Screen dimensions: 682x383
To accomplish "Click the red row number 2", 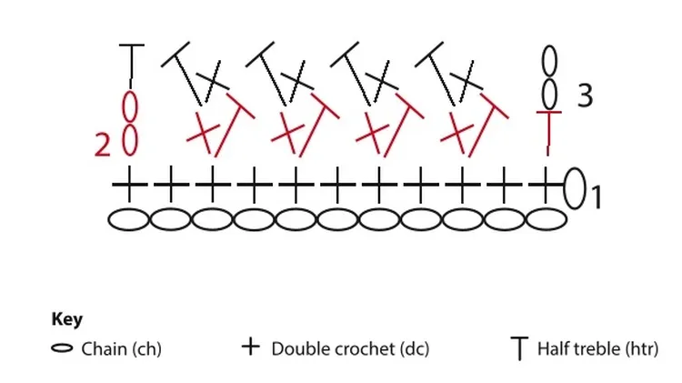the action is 103,145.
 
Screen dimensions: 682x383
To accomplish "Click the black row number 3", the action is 585,96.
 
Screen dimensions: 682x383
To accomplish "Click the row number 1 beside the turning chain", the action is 597,197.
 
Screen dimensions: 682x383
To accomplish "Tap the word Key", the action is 66,319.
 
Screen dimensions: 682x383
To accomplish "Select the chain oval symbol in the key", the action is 62,348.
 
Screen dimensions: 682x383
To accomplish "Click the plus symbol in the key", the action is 251,347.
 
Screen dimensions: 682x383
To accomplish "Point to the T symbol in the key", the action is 519,348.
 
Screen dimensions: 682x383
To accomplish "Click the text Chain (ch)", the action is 121,349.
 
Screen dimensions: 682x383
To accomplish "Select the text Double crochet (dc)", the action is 350,349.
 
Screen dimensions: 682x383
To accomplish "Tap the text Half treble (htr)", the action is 598,349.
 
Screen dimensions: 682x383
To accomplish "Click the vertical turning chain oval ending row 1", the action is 575,188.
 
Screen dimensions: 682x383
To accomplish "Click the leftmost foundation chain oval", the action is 129,219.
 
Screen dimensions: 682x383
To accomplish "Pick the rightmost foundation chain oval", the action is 547,219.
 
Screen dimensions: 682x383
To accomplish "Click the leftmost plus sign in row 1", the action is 129,185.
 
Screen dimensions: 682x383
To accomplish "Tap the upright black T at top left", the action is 131,66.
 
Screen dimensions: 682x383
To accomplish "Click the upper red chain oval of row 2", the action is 130,106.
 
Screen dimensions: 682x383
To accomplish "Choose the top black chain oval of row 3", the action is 549,61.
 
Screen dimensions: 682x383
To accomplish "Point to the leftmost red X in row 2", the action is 202,132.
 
